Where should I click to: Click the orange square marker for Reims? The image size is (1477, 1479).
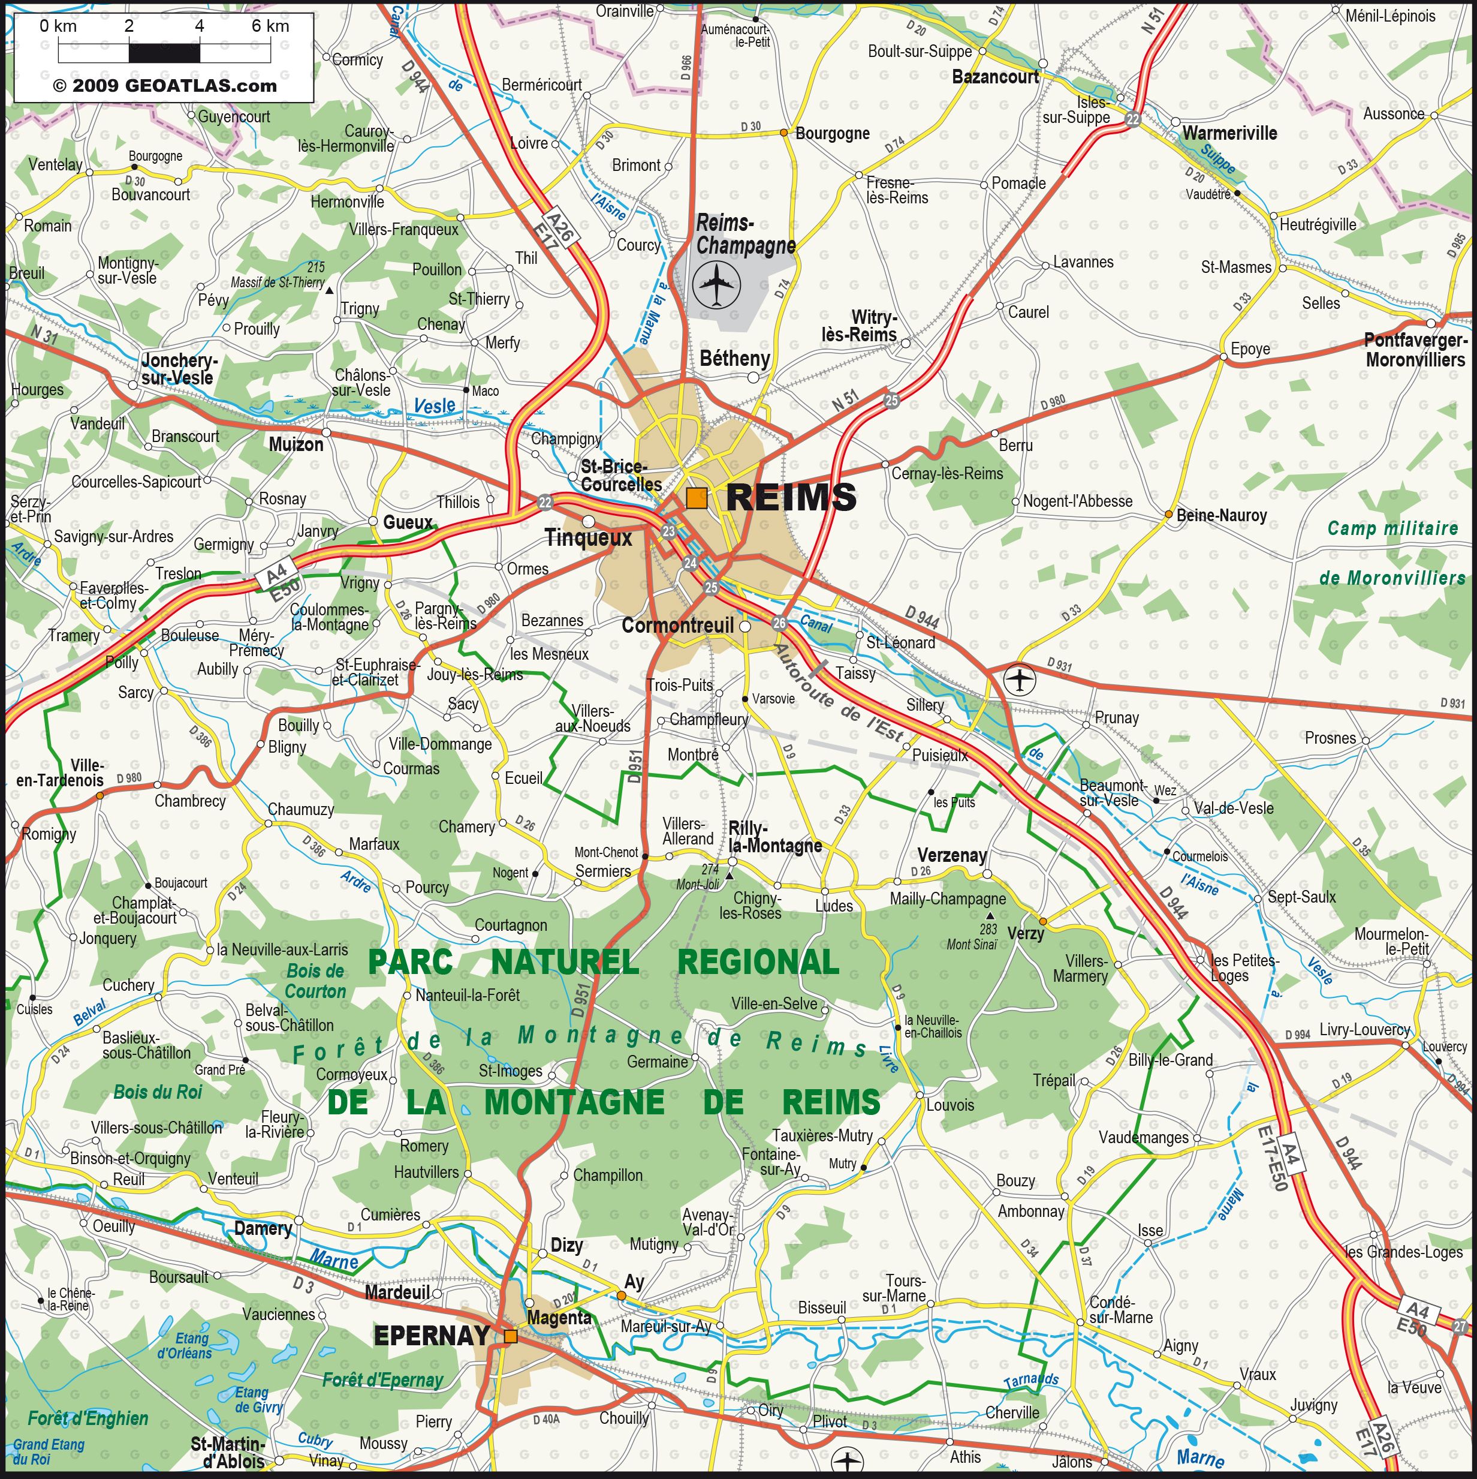[x=697, y=498]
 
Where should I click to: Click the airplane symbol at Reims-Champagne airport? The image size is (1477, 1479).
[x=716, y=284]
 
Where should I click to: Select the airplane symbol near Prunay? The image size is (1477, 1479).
[x=1021, y=679]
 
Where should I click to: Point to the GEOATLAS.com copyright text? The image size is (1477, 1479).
[x=164, y=86]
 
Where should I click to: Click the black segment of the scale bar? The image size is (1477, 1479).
[x=164, y=53]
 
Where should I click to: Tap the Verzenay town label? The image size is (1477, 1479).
[x=952, y=855]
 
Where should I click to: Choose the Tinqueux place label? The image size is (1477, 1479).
[x=589, y=538]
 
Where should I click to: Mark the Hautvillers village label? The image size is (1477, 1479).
[x=426, y=1172]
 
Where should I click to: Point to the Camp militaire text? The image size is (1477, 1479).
[x=1392, y=528]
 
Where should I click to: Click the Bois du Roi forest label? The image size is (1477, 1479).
[x=158, y=1092]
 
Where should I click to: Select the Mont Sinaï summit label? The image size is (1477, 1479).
[x=972, y=945]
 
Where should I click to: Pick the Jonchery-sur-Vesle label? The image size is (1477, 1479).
[x=178, y=369]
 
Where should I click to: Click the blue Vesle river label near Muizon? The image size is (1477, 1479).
[x=435, y=405]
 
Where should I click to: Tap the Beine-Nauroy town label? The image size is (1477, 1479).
[x=1222, y=515]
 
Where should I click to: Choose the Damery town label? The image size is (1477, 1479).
[x=263, y=1229]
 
